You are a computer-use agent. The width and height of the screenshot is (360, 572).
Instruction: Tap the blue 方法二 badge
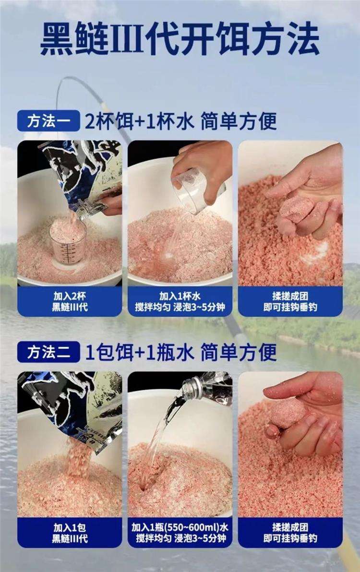coord(48,353)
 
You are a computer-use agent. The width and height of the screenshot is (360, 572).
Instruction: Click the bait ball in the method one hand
coord(293,211)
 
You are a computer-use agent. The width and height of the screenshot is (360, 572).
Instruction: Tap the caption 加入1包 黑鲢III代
coord(70,533)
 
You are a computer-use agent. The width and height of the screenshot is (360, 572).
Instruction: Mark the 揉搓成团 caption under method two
coord(290,533)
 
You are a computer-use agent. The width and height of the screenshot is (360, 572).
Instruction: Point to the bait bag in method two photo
coord(72,403)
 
